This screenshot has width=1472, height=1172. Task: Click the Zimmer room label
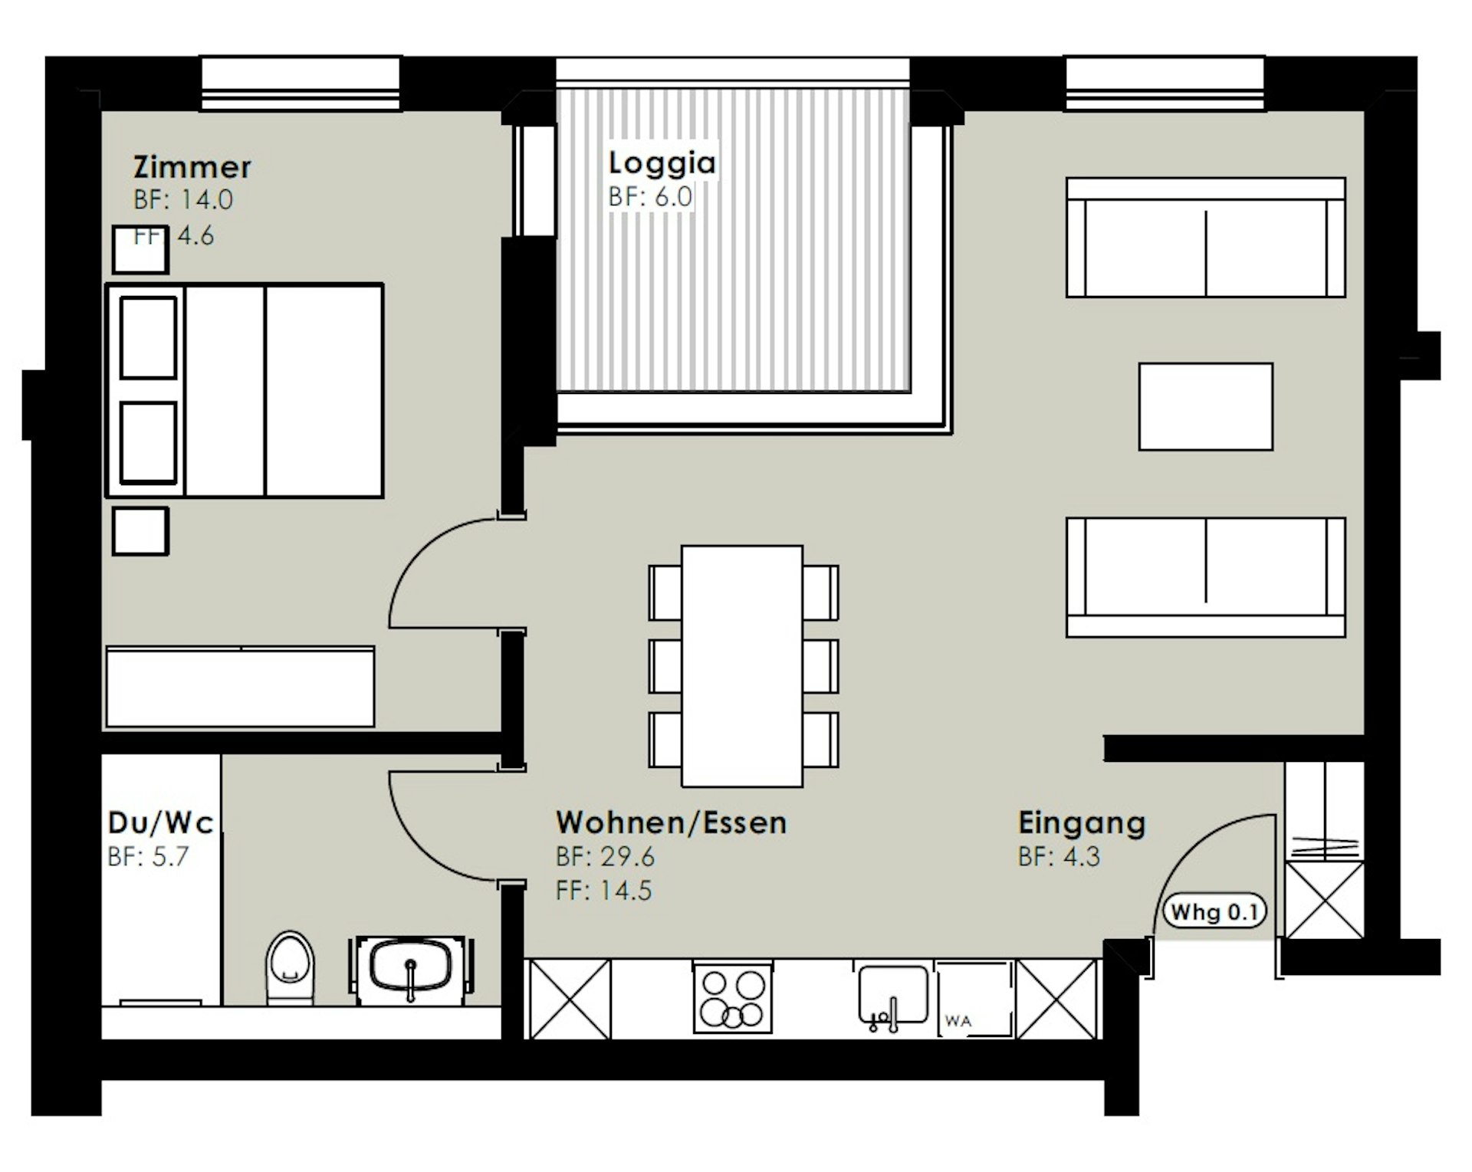(x=192, y=166)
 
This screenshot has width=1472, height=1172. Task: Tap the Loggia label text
(x=662, y=163)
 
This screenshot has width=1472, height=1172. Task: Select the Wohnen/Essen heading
(x=672, y=822)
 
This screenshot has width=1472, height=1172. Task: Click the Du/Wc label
(x=161, y=822)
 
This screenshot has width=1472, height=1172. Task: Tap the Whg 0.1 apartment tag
(x=1214, y=912)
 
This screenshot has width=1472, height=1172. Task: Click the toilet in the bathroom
(x=291, y=967)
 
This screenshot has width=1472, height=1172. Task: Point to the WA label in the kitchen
(x=958, y=1021)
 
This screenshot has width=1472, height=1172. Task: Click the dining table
(x=742, y=666)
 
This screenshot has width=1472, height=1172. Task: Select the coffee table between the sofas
(x=1206, y=406)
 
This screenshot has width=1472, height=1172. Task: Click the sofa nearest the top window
(x=1206, y=238)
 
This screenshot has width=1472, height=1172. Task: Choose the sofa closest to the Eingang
(x=1206, y=577)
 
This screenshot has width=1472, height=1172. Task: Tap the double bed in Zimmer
(x=245, y=391)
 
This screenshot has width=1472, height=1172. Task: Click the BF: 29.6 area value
(x=606, y=857)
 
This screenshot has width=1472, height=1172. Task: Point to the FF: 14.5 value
(x=604, y=891)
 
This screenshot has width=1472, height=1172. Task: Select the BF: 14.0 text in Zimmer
(x=183, y=200)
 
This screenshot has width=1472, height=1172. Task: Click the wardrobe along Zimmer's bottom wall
(x=241, y=687)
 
